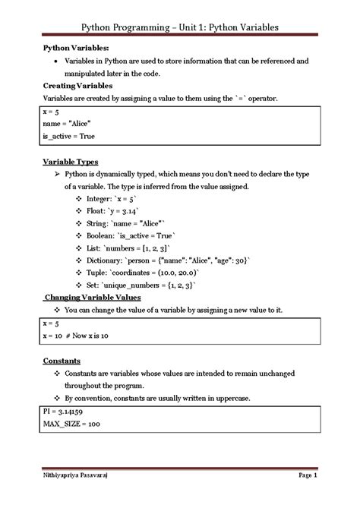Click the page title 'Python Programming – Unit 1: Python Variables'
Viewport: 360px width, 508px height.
(x=180, y=27)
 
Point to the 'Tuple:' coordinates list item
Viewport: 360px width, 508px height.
(x=152, y=273)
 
